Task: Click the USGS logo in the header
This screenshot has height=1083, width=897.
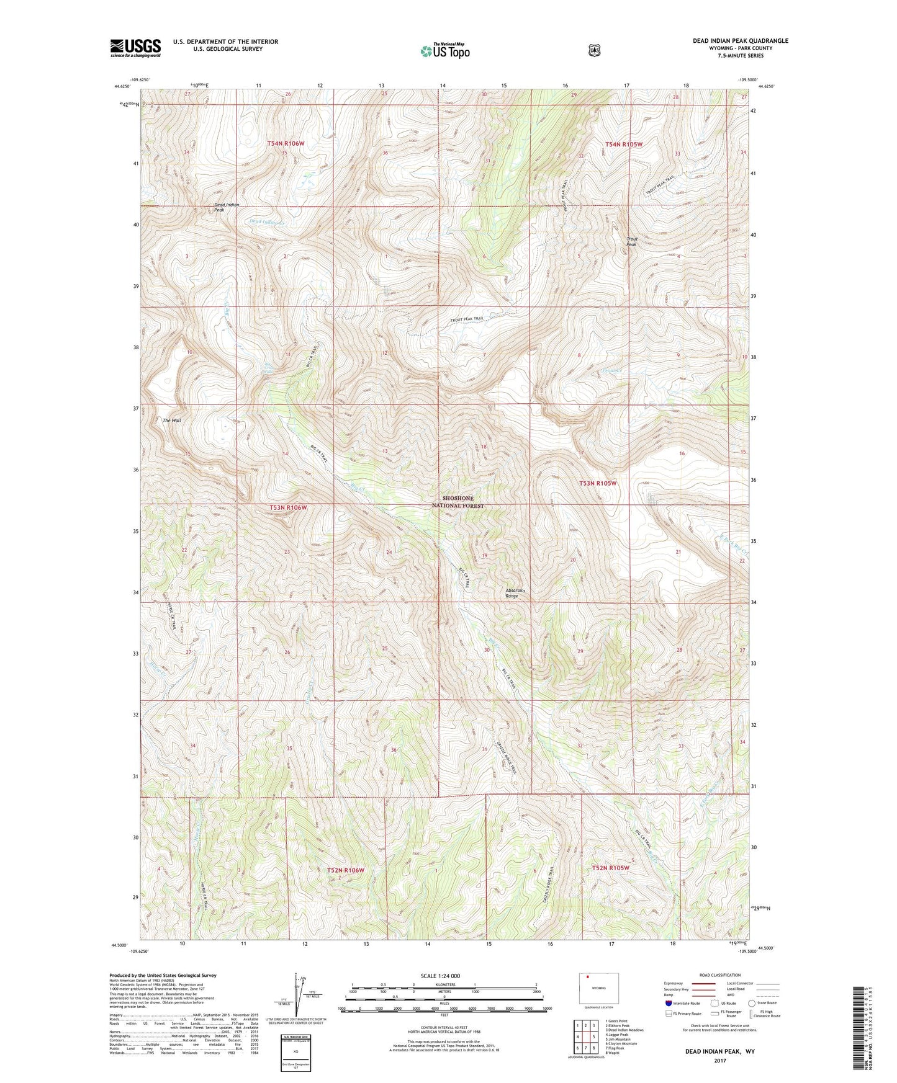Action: pyautogui.click(x=135, y=48)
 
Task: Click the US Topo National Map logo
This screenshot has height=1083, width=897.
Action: pyautogui.click(x=444, y=51)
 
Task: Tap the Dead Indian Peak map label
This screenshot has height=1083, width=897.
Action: pyautogui.click(x=226, y=207)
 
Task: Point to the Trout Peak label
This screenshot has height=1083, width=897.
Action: pyautogui.click(x=631, y=241)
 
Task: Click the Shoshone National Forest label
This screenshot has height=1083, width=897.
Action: pyautogui.click(x=458, y=502)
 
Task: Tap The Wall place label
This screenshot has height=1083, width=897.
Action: pyautogui.click(x=172, y=421)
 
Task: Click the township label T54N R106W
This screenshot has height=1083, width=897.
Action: pyautogui.click(x=286, y=143)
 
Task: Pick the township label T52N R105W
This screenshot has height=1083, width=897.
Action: pyautogui.click(x=611, y=868)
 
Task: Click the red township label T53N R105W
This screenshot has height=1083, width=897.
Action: pyautogui.click(x=598, y=483)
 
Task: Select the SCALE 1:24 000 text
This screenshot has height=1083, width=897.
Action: pyautogui.click(x=440, y=976)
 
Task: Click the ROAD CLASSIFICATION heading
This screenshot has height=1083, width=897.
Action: pyautogui.click(x=719, y=975)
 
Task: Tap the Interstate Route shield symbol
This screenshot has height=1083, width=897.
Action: pyautogui.click(x=669, y=1003)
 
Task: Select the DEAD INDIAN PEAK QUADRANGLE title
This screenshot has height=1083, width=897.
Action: pyautogui.click(x=740, y=41)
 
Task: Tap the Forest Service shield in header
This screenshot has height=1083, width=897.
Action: pyautogui.click(x=594, y=50)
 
